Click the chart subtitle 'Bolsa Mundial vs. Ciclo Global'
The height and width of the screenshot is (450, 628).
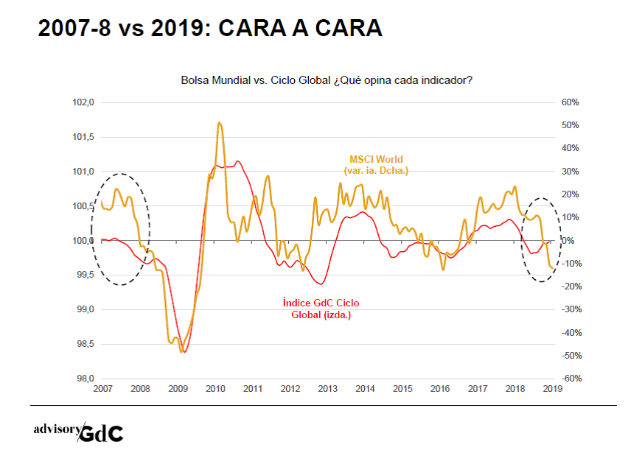click(327, 80)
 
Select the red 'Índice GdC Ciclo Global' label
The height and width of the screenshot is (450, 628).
click(321, 309)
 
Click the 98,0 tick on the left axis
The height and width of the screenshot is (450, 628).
click(82, 379)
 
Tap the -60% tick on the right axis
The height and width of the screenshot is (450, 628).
click(572, 379)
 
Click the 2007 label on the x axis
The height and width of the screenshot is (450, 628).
click(103, 388)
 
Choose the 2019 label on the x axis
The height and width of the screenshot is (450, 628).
click(552, 388)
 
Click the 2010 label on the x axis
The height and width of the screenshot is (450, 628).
click(215, 388)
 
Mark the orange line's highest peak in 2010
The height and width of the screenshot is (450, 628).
click(220, 123)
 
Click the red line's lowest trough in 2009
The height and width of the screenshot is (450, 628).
click(184, 352)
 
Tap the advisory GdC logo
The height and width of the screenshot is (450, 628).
click(78, 432)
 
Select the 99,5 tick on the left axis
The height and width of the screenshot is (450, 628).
click(82, 275)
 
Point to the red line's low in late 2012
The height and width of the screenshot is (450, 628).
click(321, 284)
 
